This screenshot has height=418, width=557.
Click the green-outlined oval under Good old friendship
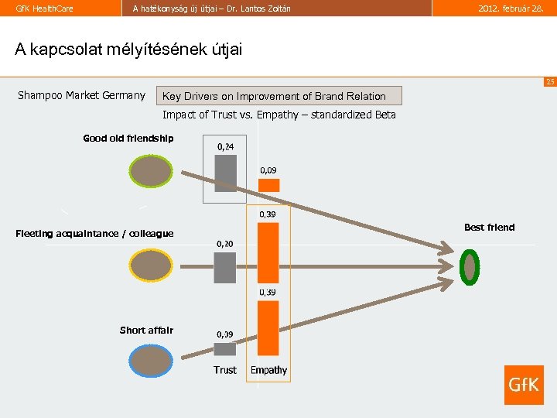click(151, 171)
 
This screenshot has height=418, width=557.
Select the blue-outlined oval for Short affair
click(152, 361)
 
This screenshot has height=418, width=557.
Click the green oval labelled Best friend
click(468, 266)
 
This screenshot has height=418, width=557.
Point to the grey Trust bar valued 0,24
click(225, 173)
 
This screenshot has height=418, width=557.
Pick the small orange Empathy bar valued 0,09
click(268, 185)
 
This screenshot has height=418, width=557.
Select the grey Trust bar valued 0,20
click(225, 268)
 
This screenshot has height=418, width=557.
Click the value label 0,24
click(226, 146)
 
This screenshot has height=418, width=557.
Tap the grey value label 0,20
click(224, 243)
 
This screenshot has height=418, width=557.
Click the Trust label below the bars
click(225, 370)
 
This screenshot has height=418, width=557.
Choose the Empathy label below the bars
click(268, 370)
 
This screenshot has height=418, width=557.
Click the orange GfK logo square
click(524, 385)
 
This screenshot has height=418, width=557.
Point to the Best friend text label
click(489, 227)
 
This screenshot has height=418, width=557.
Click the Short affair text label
click(146, 331)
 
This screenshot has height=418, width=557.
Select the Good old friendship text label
click(128, 139)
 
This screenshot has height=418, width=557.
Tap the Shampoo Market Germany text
click(81, 95)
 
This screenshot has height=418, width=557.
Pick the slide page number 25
click(549, 81)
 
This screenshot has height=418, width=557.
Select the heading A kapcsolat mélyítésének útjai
click(128, 50)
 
